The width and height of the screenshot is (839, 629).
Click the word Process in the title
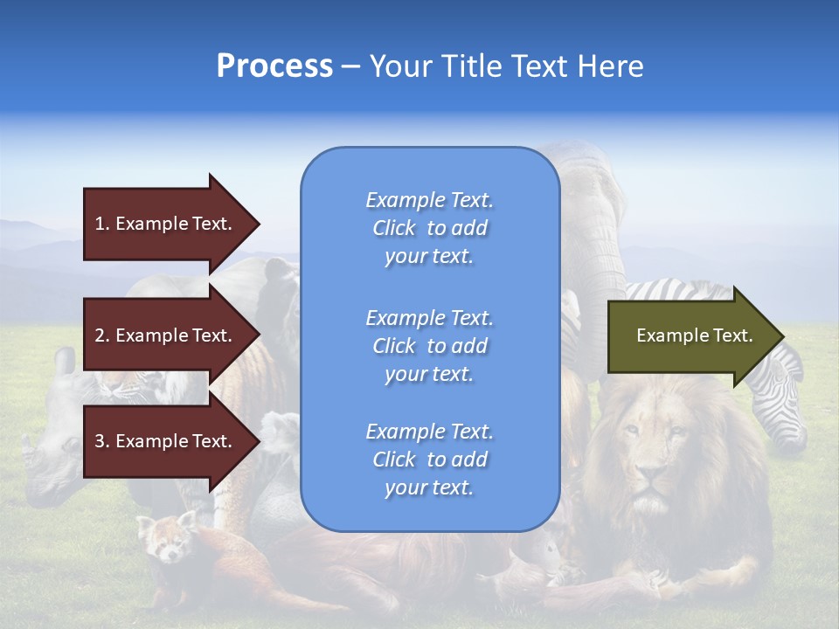(274, 66)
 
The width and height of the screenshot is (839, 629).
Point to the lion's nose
(648, 478)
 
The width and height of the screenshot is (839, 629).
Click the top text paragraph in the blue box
(429, 228)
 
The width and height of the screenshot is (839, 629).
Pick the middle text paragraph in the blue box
(429, 346)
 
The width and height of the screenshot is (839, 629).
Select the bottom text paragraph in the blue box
(429, 460)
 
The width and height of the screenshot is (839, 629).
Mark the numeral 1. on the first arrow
(102, 224)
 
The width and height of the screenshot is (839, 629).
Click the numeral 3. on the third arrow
(102, 441)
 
